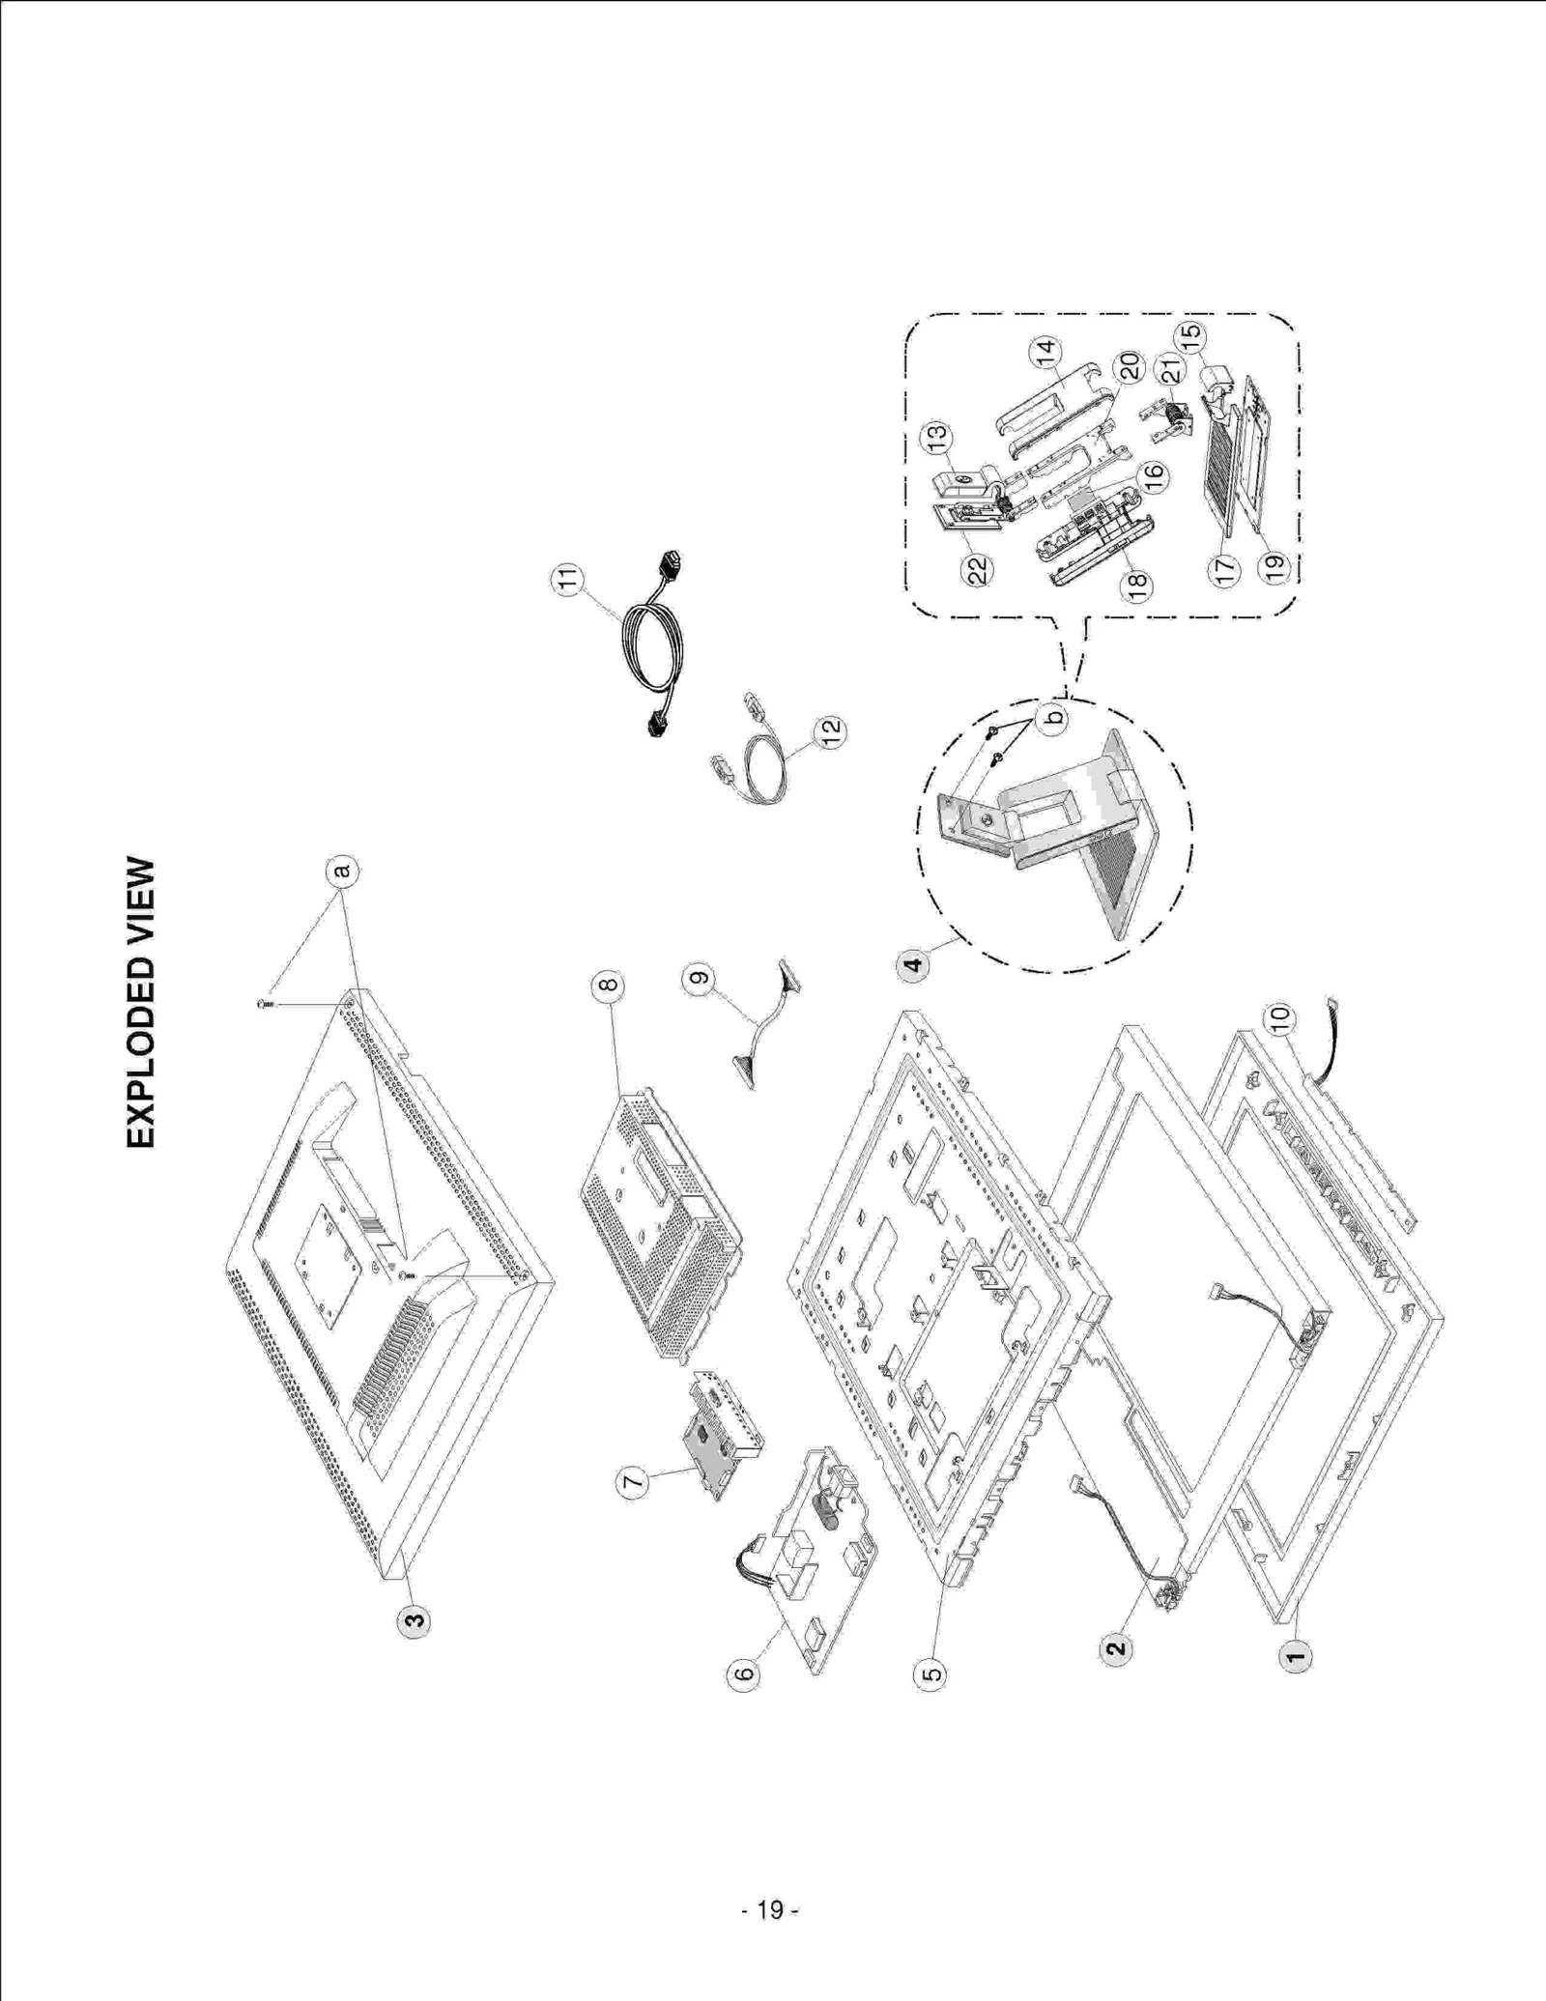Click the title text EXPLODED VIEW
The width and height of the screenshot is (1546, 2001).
140,1002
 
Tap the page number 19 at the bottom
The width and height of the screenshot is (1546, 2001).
770,1910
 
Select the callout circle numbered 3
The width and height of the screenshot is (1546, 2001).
415,1620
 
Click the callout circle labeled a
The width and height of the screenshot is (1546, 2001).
340,871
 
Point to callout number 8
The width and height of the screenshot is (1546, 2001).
607,986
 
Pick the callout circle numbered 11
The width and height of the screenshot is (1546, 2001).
568,580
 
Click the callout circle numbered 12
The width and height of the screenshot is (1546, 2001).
830,731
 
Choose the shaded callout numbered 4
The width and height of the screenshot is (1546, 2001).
914,963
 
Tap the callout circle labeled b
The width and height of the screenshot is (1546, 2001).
1054,716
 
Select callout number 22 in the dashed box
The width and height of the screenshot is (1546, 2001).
979,570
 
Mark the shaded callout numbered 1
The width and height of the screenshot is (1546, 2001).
1296,1655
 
